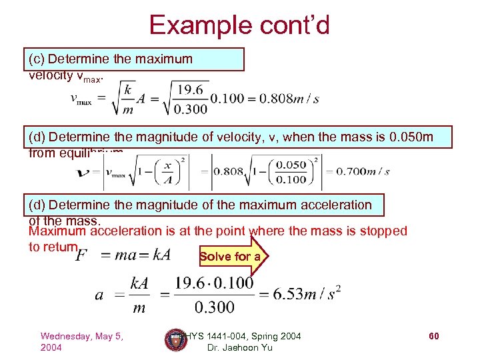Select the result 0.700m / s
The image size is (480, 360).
coord(363,171)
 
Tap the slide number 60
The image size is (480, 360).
coord(433,337)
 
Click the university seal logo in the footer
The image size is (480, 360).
coord(175,341)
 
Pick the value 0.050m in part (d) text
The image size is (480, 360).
coord(409,138)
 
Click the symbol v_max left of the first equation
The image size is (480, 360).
coord(81,99)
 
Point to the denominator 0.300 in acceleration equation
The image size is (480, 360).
coord(215,308)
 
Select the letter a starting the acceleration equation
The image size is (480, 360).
coord(98,294)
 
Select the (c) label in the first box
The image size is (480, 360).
coord(37,59)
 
